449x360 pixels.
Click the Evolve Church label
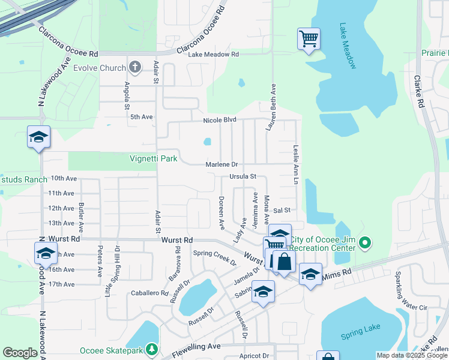pyautogui.click(x=99, y=68)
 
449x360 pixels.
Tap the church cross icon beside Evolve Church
pyautogui.click(x=135, y=67)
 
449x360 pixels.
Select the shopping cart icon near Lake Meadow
pyautogui.click(x=309, y=40)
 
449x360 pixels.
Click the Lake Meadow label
pyautogui.click(x=348, y=46)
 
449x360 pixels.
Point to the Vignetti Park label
pyautogui.click(x=154, y=159)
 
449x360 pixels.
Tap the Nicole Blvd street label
pyautogui.click(x=221, y=120)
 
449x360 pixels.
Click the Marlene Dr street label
pyautogui.click(x=221, y=164)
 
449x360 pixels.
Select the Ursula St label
pyautogui.click(x=243, y=177)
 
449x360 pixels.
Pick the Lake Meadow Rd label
pyautogui.click(x=214, y=54)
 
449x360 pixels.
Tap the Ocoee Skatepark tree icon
pyautogui.click(x=152, y=349)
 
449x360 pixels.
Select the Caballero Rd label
pyautogui.click(x=149, y=293)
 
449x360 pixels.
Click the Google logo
pyautogui.click(x=20, y=353)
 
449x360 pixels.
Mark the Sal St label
pyautogui.click(x=282, y=211)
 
